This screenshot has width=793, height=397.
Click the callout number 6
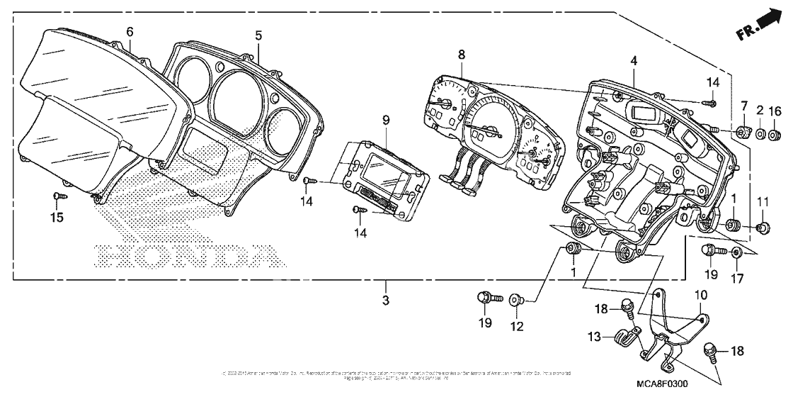point(130,32)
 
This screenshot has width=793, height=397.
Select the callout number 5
point(258,35)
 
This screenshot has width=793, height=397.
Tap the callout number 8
point(461,55)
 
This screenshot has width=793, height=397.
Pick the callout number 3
point(387,300)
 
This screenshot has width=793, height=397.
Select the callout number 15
point(59,217)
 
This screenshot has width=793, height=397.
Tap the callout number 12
point(517,327)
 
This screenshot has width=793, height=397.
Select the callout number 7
point(743,106)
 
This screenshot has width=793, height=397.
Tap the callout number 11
point(763,203)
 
